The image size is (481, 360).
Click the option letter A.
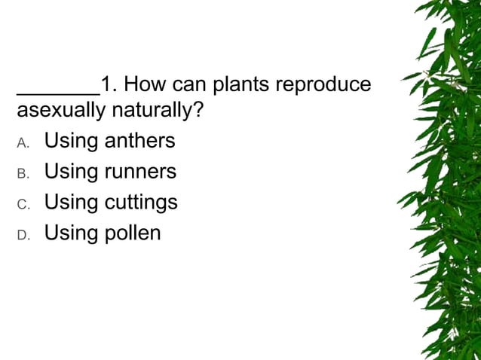(23, 142)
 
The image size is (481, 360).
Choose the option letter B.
(23, 173)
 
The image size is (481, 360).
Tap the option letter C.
(23, 204)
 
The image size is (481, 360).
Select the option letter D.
(23, 235)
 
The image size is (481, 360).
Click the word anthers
(140, 141)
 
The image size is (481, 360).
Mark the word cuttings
(142, 203)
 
